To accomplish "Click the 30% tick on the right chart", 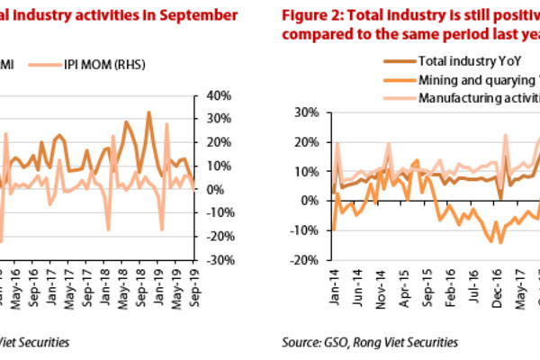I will click(x=303, y=112).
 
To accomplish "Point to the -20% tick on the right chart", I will click(x=301, y=260).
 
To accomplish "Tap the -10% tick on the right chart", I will click(x=301, y=230).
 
